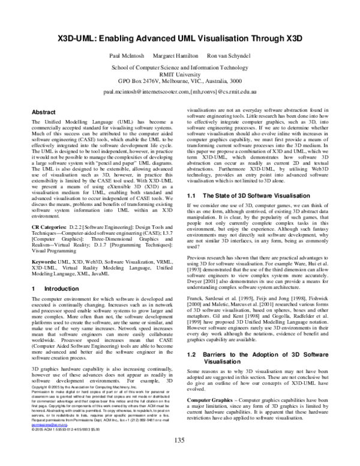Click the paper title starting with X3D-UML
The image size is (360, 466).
tap(180, 37)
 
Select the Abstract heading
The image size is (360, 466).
tap(43, 112)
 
